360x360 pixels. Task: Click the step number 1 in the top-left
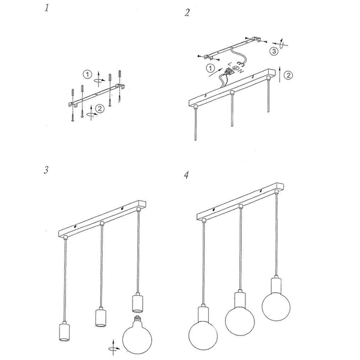(x=47, y=8)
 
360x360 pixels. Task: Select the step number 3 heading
(x=46, y=169)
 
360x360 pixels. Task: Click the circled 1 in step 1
(x=88, y=75)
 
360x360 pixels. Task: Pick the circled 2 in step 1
(x=100, y=109)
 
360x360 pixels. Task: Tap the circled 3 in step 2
(x=273, y=52)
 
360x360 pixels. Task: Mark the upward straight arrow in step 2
(x=280, y=75)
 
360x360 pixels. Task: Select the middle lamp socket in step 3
(x=100, y=317)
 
